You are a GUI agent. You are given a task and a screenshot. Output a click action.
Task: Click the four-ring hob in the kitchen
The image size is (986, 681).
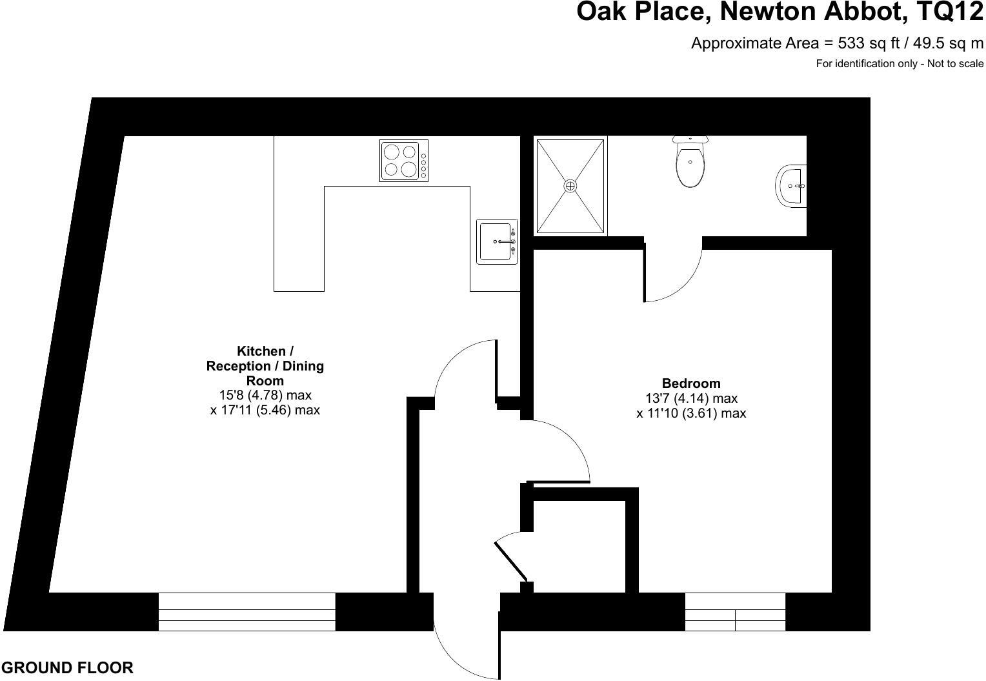[x=404, y=160]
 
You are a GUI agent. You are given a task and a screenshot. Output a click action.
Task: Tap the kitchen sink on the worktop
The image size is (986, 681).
[x=497, y=241]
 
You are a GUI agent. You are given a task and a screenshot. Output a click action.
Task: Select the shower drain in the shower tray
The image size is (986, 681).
[x=570, y=186]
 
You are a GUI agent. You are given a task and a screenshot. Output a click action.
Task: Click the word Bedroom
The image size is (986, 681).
[x=691, y=383]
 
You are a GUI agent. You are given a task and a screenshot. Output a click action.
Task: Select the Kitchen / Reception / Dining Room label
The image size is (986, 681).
[x=265, y=366]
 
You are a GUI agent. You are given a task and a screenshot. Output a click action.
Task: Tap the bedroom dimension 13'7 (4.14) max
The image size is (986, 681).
[x=691, y=398]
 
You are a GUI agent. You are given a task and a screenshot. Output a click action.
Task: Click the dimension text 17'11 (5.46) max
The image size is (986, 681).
[x=265, y=410]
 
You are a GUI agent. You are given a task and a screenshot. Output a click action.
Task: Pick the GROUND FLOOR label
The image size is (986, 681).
[x=67, y=668]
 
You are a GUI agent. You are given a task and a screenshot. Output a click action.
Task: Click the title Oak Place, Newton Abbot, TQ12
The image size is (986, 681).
[x=780, y=12]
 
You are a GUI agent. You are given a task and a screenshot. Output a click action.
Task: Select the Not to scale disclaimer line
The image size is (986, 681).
[x=900, y=63]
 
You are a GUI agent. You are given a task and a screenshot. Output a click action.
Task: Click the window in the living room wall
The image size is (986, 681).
[x=247, y=611]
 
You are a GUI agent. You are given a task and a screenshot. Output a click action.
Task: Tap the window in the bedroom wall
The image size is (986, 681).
[x=735, y=611]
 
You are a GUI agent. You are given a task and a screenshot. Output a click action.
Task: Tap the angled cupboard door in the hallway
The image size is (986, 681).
[x=510, y=559]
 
